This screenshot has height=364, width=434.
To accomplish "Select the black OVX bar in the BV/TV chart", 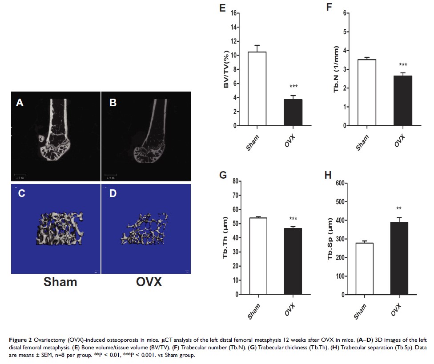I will click(x=293, y=112).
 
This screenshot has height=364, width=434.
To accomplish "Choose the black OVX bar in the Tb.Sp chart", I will click(x=399, y=258).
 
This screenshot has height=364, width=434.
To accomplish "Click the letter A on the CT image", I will click(x=19, y=103).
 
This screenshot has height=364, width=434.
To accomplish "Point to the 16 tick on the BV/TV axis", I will click(x=233, y=13).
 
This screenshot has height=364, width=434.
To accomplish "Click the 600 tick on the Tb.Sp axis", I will click(x=340, y=183).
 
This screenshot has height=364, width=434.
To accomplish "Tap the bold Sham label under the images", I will click(x=60, y=282).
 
